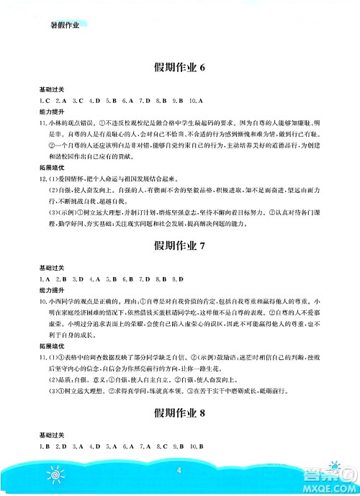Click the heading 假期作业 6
(180, 68)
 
